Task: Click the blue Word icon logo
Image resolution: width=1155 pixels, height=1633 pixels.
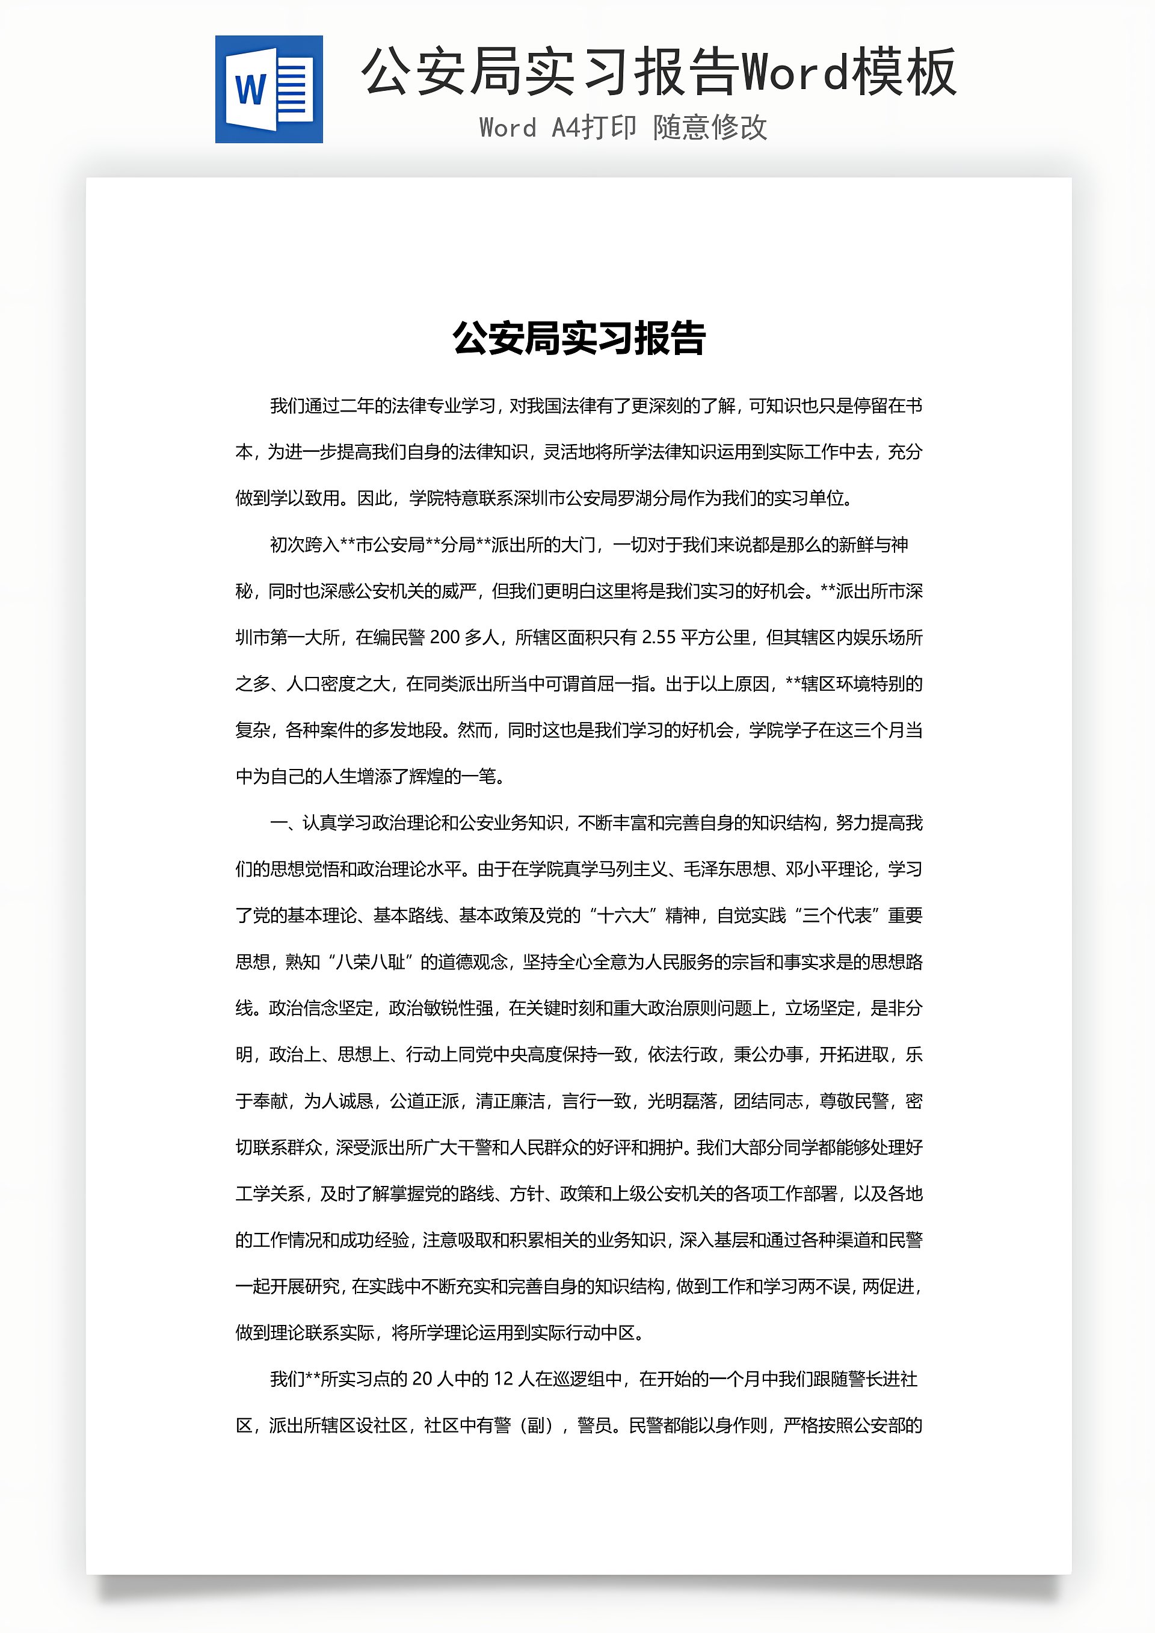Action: [269, 90]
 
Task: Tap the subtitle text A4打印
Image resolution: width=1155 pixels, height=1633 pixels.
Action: [594, 128]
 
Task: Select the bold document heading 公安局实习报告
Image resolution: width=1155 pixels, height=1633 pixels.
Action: [579, 339]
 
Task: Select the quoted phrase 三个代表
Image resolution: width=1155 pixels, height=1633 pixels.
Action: [837, 915]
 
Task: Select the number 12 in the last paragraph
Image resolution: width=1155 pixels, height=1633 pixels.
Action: [503, 1379]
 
